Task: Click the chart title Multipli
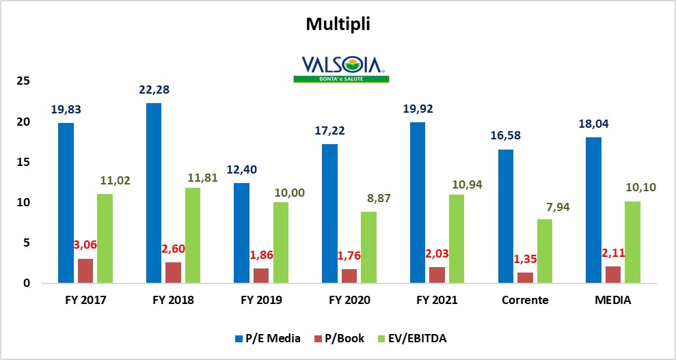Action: point(338,25)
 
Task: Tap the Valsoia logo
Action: point(341,69)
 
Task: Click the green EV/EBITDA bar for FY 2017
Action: point(105,238)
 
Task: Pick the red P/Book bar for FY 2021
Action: point(437,275)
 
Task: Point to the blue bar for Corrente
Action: point(505,216)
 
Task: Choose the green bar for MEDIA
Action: point(632,242)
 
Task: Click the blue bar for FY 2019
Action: point(241,233)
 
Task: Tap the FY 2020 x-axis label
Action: point(349,300)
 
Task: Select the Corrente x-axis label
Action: point(525,300)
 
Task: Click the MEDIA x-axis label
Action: point(612,300)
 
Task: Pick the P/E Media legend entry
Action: point(267,337)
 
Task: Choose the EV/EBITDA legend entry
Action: point(414,337)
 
